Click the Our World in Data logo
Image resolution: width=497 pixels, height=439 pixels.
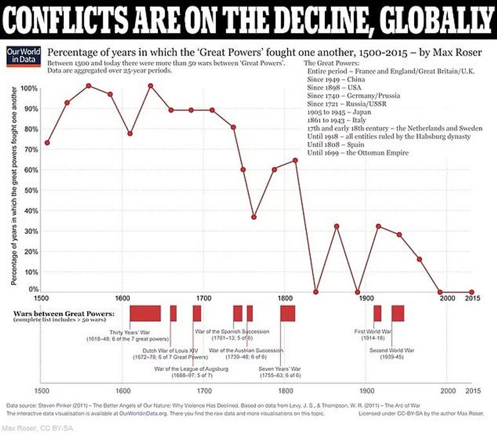[x=19, y=57]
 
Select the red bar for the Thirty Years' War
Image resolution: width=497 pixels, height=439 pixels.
[x=145, y=313]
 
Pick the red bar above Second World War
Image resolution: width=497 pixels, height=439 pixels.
[x=398, y=313]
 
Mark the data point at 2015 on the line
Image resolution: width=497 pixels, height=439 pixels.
[x=472, y=292]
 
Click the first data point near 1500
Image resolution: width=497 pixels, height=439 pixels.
[x=47, y=142]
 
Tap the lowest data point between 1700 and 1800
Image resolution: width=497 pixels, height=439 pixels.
[x=254, y=217]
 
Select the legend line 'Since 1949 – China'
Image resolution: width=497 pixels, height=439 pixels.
[x=335, y=79]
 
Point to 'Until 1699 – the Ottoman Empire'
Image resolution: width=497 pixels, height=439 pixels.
[x=358, y=153]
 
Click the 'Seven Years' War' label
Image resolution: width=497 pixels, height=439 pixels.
[x=279, y=369]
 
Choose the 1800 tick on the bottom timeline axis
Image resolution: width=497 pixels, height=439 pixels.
[x=285, y=391]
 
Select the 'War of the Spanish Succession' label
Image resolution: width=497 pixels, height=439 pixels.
[x=232, y=332]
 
